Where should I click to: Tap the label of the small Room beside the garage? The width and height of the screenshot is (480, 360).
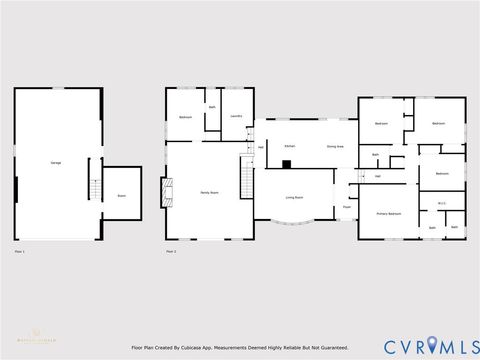[x=121, y=196]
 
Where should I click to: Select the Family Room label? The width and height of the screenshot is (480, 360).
[x=210, y=191]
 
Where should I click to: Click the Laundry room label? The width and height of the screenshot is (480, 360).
[x=236, y=117]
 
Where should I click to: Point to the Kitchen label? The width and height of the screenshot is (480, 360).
[x=289, y=146]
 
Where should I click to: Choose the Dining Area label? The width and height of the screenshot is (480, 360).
[x=334, y=146]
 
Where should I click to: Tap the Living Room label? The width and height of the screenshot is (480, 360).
[x=294, y=198]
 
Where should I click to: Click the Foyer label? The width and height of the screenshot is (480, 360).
[x=346, y=207]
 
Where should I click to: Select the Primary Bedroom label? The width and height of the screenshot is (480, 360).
[x=388, y=214]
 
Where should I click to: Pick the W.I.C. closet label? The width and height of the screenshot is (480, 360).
[x=441, y=204]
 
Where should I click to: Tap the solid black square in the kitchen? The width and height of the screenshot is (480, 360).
[x=286, y=163]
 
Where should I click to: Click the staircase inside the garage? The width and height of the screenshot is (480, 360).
[x=94, y=187]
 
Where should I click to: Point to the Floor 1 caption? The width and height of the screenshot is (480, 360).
[x=20, y=252]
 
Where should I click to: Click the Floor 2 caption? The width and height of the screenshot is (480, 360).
[x=172, y=252]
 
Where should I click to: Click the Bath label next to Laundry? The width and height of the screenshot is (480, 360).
[x=212, y=107]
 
